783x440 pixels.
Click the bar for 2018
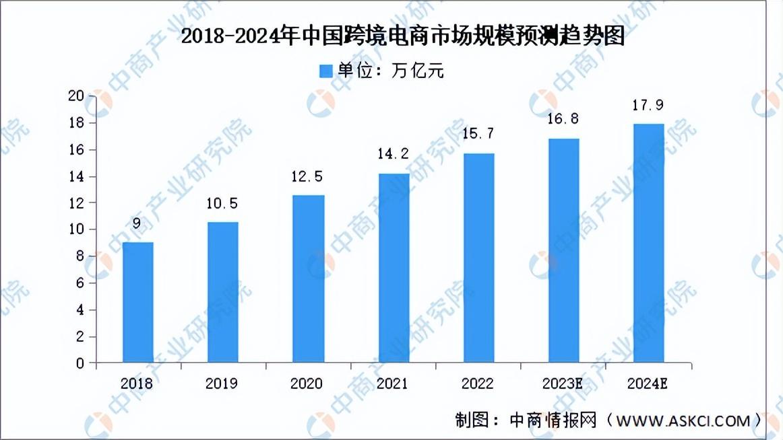click(x=137, y=302)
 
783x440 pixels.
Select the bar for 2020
click(x=308, y=279)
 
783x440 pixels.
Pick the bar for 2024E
click(x=648, y=243)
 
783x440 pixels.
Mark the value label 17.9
click(x=648, y=105)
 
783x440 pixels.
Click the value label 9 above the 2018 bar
click(x=137, y=224)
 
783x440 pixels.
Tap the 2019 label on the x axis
click(x=222, y=383)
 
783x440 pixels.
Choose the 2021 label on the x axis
click(x=392, y=383)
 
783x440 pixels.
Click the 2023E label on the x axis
click(x=563, y=383)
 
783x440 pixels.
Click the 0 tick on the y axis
click(x=81, y=363)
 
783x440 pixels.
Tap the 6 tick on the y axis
click(x=81, y=283)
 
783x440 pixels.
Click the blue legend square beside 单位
click(x=326, y=71)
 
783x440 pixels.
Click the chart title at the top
click(x=403, y=36)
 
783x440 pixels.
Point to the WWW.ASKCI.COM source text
click(x=681, y=421)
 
